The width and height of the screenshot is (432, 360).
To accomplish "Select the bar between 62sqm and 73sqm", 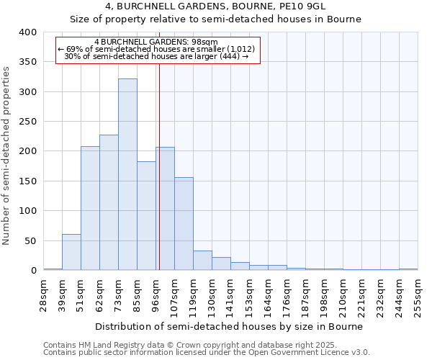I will pyautogui.click(x=109, y=202).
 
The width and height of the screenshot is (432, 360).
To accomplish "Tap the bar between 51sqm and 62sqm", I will pyautogui.click(x=90, y=208).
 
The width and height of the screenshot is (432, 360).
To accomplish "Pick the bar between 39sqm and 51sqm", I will pyautogui.click(x=71, y=252).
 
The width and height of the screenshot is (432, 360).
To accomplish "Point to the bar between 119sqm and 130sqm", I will pyautogui.click(x=202, y=261).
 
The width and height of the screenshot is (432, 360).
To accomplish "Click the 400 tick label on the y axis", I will pyautogui.click(x=27, y=32).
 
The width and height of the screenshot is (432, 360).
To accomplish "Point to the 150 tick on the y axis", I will pyautogui.click(x=27, y=181).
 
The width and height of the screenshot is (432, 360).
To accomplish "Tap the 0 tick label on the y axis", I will pyautogui.click(x=33, y=271).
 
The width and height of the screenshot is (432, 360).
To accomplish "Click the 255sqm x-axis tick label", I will pyautogui.click(x=418, y=295).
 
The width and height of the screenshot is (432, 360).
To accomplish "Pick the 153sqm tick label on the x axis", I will pyautogui.click(x=250, y=295).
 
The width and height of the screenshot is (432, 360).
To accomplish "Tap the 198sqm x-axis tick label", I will pyautogui.click(x=325, y=295).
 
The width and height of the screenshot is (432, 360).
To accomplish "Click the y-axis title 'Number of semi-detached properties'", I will pyautogui.click(x=7, y=156).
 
